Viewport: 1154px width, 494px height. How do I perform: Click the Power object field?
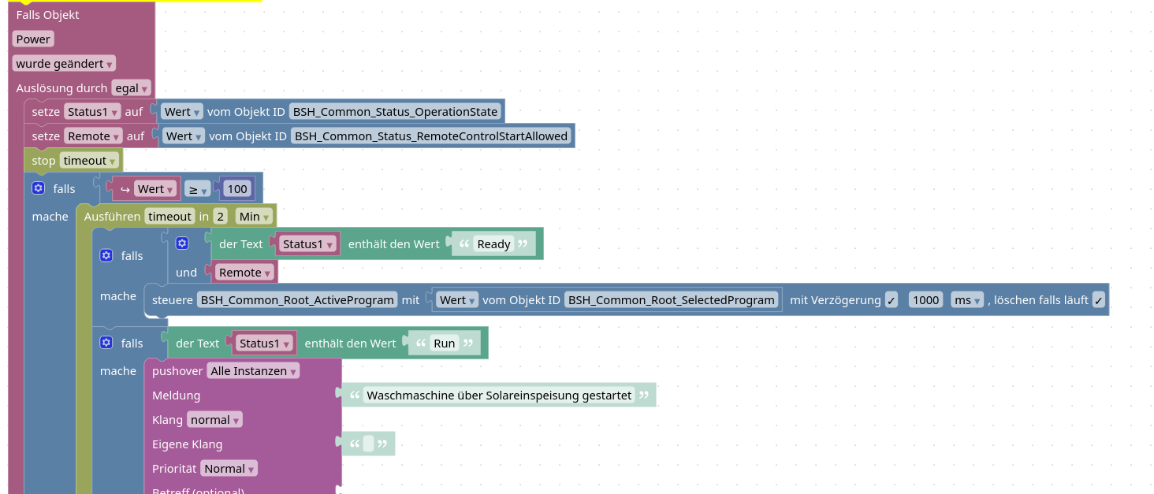[33, 39]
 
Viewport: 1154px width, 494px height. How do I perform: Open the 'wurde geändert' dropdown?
[64, 64]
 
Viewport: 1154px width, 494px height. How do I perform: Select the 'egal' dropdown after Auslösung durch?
[131, 88]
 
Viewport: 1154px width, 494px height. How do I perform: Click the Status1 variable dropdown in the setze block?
[92, 112]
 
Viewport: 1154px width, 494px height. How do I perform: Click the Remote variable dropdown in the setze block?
[93, 136]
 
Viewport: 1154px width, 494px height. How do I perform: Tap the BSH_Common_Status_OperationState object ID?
[396, 112]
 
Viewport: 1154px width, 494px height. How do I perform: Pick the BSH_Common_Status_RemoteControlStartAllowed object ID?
[431, 136]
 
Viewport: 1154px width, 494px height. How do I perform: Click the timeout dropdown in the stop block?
[89, 161]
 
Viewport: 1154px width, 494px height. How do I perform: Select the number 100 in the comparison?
[236, 189]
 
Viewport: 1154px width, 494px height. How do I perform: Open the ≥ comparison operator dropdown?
[197, 189]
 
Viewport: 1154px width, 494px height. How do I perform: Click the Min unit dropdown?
[254, 217]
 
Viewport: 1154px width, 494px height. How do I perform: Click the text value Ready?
[494, 244]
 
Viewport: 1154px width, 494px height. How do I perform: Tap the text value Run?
[445, 344]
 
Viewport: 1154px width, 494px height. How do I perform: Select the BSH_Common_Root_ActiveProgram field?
[297, 300]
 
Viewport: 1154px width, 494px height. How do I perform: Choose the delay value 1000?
[925, 300]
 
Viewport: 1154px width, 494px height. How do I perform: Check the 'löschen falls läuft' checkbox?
[1099, 300]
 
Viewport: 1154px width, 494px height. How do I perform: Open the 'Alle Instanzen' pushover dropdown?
[253, 371]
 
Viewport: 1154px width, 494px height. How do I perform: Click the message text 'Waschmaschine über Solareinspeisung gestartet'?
[500, 396]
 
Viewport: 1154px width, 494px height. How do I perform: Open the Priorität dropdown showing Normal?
[229, 469]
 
